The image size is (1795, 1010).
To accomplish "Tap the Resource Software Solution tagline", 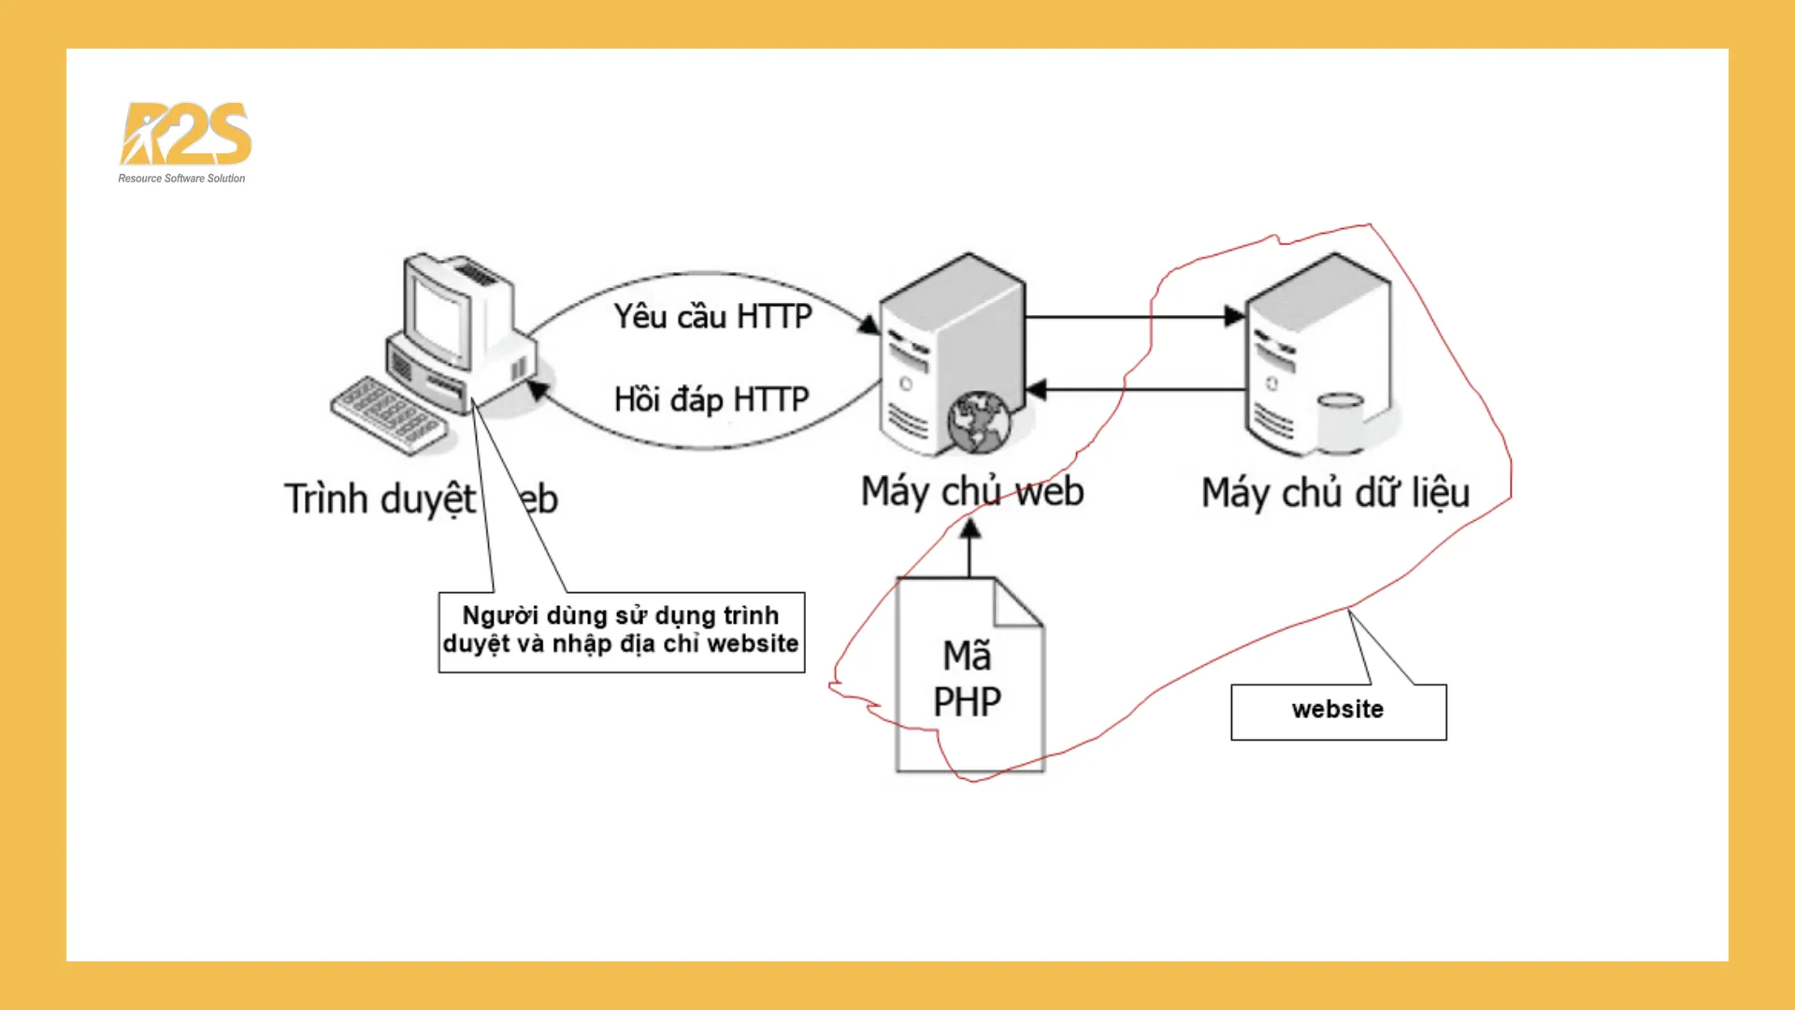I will [x=181, y=179].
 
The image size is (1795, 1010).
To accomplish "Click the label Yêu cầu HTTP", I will [x=712, y=317].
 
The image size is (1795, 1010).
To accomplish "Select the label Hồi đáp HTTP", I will [x=711, y=399].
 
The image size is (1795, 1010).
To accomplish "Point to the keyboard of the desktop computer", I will [x=389, y=414].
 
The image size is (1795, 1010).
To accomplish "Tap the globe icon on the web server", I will [x=978, y=422].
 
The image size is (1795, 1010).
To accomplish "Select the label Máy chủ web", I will [x=971, y=492].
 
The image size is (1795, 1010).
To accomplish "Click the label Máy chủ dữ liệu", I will [x=1335, y=493].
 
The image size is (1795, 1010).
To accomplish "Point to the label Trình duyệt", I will [x=380, y=498].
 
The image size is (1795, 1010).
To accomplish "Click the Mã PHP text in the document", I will [x=967, y=679].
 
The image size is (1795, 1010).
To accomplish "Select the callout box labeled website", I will [x=1338, y=711].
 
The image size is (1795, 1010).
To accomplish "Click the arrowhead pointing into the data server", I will [x=1234, y=316].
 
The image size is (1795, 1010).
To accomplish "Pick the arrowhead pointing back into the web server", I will [x=1036, y=389].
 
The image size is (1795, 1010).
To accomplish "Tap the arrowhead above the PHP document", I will [x=970, y=529].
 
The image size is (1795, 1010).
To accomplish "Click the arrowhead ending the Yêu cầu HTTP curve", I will [x=869, y=325].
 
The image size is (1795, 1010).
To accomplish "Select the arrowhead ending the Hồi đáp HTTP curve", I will [x=538, y=388].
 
